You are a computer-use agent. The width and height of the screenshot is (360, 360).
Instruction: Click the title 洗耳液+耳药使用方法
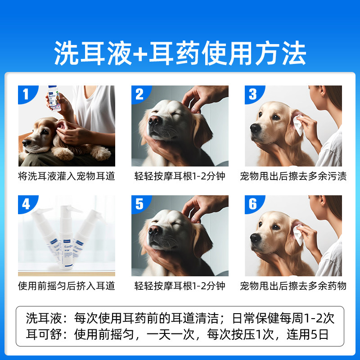(x=180, y=54)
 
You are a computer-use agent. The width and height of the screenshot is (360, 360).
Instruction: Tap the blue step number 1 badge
(x=26, y=94)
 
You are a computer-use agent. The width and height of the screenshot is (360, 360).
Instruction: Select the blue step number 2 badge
(x=139, y=94)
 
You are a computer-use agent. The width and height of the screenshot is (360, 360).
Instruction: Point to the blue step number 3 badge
(x=252, y=94)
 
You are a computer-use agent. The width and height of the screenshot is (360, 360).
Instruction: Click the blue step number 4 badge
(x=26, y=204)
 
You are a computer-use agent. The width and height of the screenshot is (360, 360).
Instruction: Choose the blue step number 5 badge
(x=139, y=204)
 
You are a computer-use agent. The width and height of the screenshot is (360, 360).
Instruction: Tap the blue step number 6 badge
(x=252, y=204)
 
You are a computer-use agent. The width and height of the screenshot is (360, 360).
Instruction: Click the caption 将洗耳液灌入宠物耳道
(x=67, y=176)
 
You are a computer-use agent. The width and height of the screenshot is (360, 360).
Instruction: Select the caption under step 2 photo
(x=180, y=176)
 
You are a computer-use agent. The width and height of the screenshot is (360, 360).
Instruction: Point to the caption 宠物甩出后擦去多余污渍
(x=293, y=176)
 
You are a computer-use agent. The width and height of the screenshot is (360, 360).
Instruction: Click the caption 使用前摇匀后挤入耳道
(x=67, y=286)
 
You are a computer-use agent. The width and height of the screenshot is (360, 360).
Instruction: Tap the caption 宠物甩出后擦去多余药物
(x=293, y=286)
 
